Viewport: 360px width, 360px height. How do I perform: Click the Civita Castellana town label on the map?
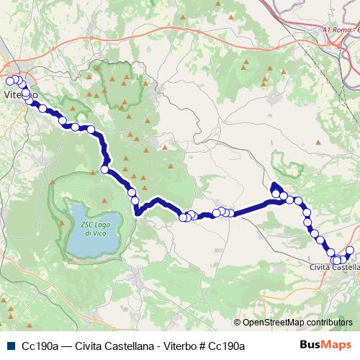click(333, 267)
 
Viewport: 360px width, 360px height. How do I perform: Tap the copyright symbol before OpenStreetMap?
click(238, 323)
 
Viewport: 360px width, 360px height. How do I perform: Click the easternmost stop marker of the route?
click(351, 251)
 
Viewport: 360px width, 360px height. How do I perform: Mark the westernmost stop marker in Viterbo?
click(9, 80)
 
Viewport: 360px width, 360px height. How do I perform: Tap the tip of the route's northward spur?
click(274, 186)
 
